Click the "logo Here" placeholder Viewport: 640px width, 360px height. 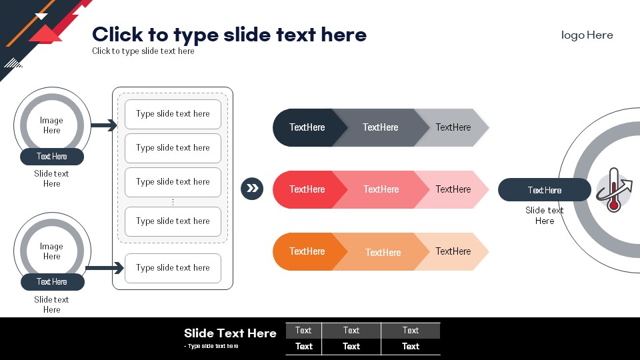coord(587,35)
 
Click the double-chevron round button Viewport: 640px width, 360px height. coord(252,189)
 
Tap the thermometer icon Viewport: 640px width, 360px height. coord(613,190)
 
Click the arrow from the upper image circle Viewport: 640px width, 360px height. coord(104,125)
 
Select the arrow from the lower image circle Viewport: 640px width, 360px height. coord(105,268)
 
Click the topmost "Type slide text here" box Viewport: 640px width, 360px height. coord(173,114)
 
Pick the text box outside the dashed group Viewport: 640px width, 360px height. coord(173,268)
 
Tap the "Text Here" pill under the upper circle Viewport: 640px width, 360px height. coord(52,157)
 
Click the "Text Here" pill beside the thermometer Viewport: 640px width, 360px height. coord(545,190)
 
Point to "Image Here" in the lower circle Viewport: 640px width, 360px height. coord(51,251)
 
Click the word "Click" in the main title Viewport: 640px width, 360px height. coord(117,34)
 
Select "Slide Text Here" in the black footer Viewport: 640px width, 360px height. coord(230,333)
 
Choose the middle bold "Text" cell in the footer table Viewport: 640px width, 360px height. coord(351,346)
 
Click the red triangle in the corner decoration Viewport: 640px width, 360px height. coord(46,34)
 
